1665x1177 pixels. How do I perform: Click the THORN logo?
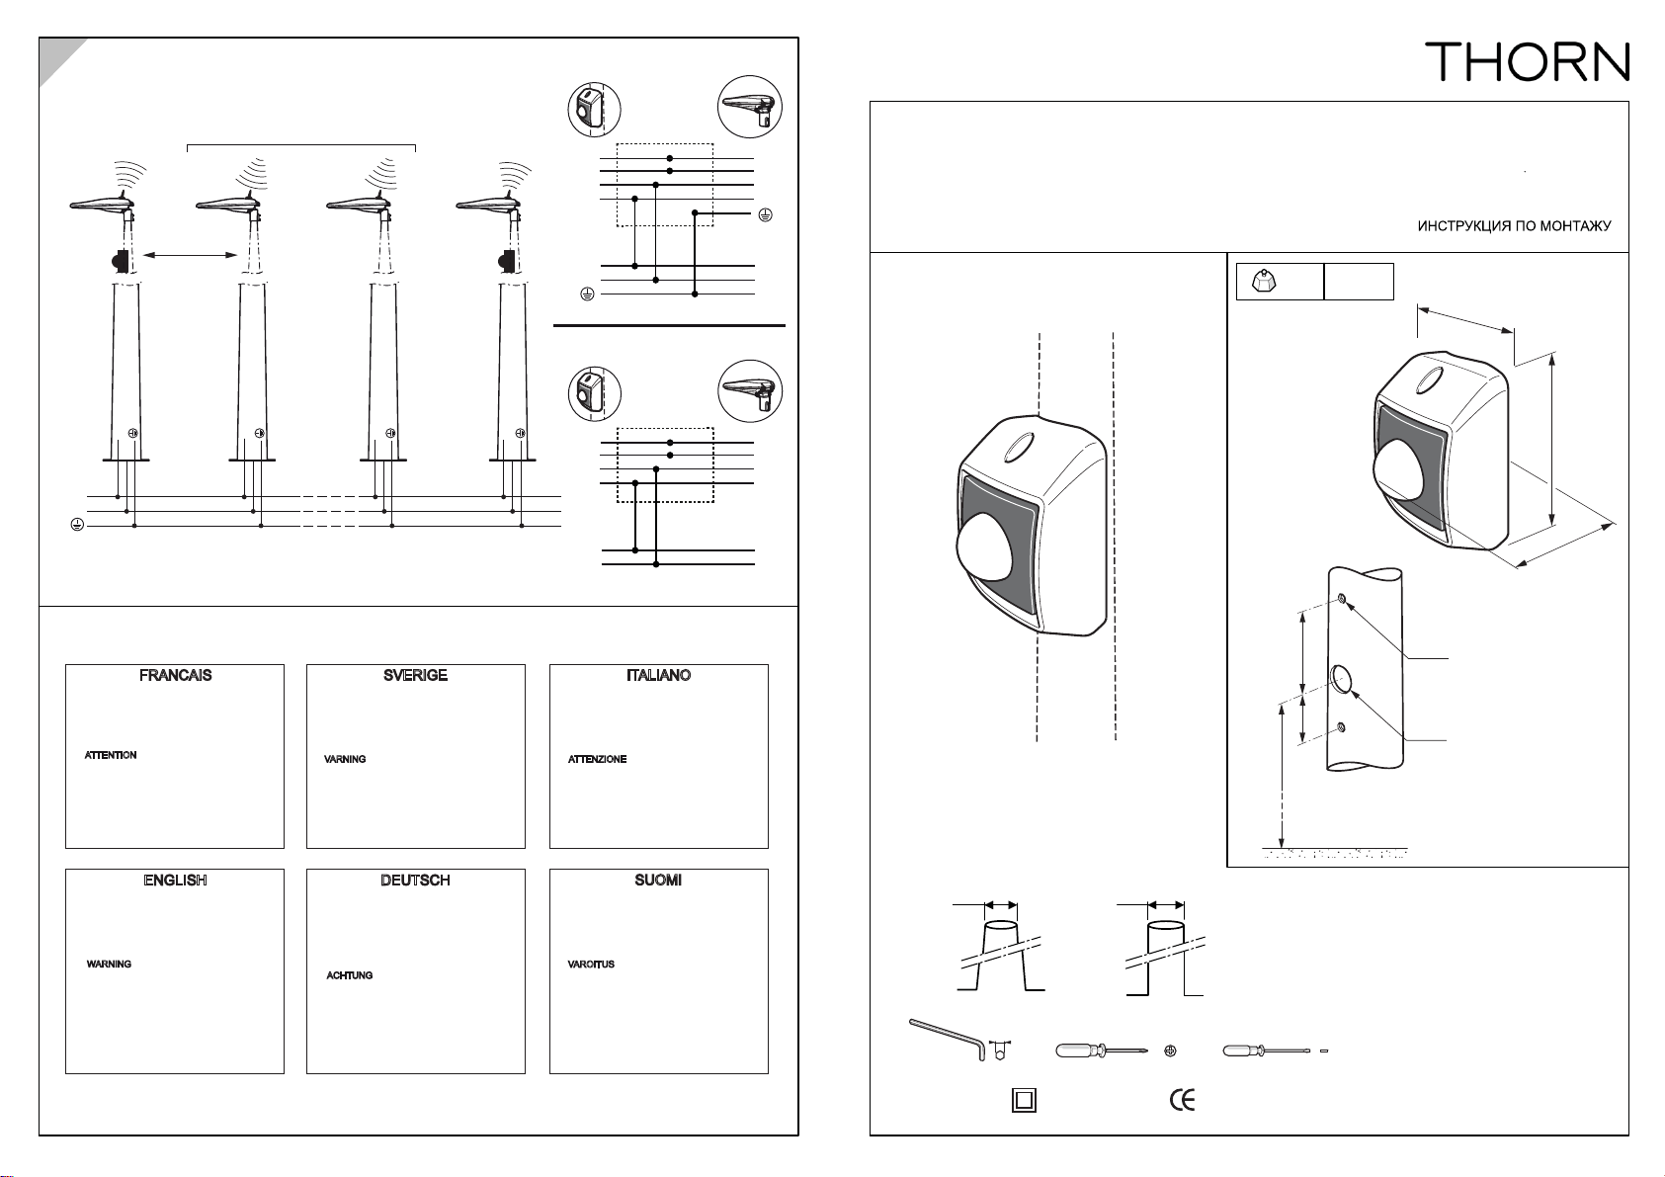[x=1528, y=61]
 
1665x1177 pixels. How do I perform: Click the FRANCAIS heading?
[x=176, y=675]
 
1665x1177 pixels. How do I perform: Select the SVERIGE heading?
[x=415, y=675]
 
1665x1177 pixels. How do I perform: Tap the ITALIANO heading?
[x=658, y=675]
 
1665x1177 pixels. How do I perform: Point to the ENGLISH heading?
[x=176, y=881]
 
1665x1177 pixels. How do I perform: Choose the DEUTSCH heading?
[x=415, y=881]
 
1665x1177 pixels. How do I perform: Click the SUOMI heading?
[x=658, y=881]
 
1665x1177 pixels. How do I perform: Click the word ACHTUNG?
[x=350, y=975]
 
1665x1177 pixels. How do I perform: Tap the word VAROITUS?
[x=591, y=965]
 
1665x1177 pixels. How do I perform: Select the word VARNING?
[x=345, y=759]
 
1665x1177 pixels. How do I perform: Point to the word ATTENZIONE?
[x=597, y=759]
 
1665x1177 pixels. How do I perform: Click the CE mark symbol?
[x=1183, y=1100]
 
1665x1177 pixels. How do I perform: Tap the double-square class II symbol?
[x=1025, y=1101]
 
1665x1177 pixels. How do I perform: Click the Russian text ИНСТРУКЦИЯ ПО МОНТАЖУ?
[x=1514, y=226]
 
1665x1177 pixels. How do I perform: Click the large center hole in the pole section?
[x=1341, y=680]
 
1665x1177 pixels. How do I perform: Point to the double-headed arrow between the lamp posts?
[x=190, y=255]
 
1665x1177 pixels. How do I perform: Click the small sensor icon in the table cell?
[x=1264, y=281]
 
